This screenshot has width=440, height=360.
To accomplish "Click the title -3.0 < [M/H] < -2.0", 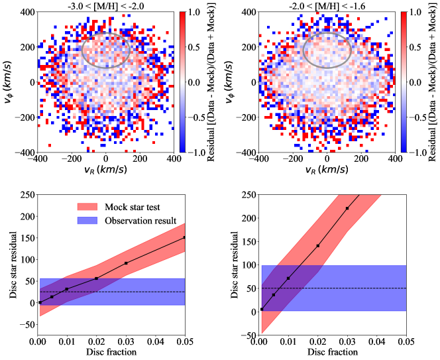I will click(105, 5).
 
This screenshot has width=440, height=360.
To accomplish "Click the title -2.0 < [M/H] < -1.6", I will click(327, 5).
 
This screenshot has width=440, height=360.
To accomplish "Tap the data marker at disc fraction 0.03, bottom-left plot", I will click(127, 263).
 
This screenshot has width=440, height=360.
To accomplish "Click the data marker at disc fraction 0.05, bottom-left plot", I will click(184, 237).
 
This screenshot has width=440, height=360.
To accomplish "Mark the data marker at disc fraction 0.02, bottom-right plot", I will click(318, 246).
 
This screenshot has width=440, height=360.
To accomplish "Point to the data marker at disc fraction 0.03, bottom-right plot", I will click(347, 208).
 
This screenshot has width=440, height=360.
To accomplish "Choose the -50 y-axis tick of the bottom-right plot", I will click(247, 335).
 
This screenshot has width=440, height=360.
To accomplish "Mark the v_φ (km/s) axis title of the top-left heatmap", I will click(7, 82).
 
